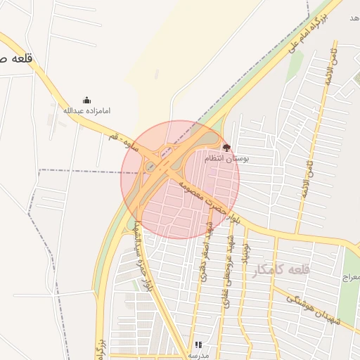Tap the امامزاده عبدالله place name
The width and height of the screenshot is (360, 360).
(86, 111)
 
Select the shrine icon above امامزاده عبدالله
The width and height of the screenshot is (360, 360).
(86, 100)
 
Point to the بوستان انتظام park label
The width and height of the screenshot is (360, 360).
(227, 159)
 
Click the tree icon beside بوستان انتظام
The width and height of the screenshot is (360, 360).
(226, 148)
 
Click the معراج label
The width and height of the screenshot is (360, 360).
(350, 278)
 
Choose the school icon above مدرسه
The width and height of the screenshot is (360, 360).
(198, 345)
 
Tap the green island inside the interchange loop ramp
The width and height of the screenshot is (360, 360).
(150, 167)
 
